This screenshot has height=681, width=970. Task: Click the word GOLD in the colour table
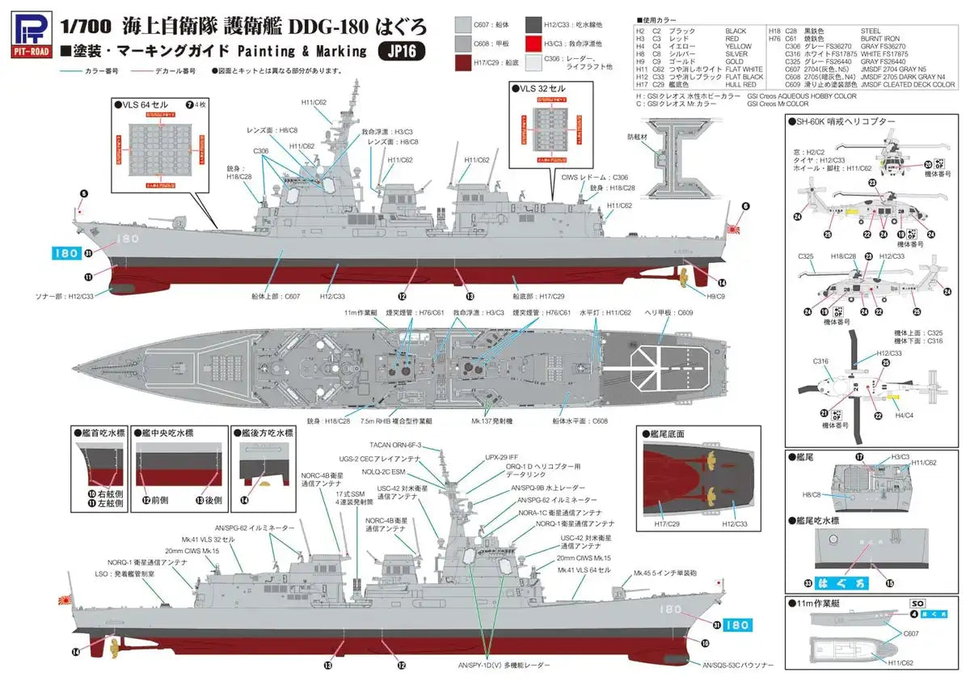[734, 61]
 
